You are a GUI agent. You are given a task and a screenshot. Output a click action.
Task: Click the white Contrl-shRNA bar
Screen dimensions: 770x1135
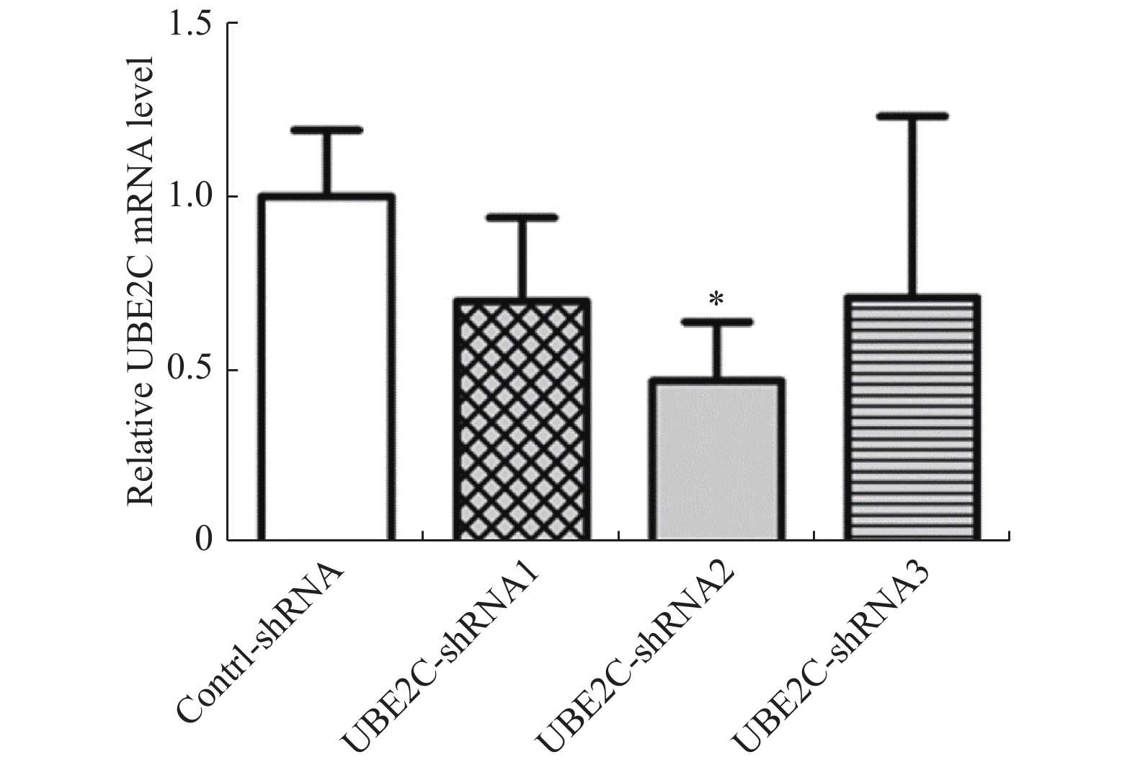click(326, 368)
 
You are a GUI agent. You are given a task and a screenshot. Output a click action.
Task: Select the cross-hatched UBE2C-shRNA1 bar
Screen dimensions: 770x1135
click(522, 419)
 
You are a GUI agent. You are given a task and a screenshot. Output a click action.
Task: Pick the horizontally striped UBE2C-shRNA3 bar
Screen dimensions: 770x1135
click(912, 418)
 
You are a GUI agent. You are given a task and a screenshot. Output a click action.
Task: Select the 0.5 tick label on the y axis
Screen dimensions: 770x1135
click(190, 370)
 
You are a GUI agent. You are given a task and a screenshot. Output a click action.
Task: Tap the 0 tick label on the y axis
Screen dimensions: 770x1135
click(205, 539)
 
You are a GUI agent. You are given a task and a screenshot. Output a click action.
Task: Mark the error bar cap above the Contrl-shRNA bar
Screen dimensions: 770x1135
click(326, 130)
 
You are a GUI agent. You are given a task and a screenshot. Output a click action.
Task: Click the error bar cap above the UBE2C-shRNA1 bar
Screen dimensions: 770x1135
click(522, 217)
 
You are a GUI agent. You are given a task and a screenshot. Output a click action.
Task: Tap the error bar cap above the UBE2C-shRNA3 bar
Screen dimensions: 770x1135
click(912, 115)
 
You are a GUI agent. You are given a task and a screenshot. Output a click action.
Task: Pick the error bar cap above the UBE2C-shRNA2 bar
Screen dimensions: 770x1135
click(716, 322)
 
